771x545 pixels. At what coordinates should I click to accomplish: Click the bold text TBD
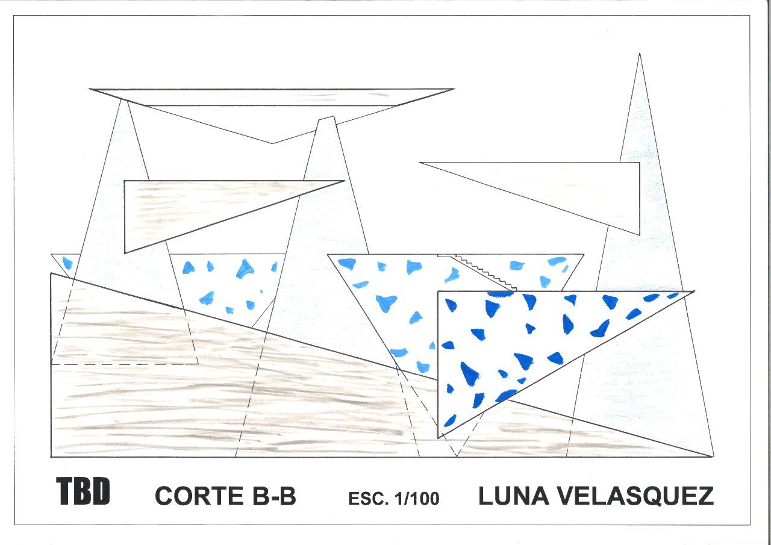point(84,491)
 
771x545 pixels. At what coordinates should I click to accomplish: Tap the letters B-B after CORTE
point(270,496)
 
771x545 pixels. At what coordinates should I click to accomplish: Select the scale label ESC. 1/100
point(393,499)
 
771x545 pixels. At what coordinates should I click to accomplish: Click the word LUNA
point(511,496)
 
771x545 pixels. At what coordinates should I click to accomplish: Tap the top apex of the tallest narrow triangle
point(639,54)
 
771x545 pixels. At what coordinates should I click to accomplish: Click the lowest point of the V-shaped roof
point(272,143)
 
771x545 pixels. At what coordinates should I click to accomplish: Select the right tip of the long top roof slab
point(452,90)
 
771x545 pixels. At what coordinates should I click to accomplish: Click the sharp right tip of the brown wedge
point(343,181)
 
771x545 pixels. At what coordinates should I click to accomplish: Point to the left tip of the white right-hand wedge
point(421,163)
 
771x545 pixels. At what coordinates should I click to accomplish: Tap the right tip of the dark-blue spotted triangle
point(693,292)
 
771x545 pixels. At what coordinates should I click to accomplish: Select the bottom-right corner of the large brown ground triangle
point(713,456)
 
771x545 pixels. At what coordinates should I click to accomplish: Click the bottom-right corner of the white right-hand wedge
point(639,234)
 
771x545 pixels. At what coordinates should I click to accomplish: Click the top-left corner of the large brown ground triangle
point(51,274)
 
